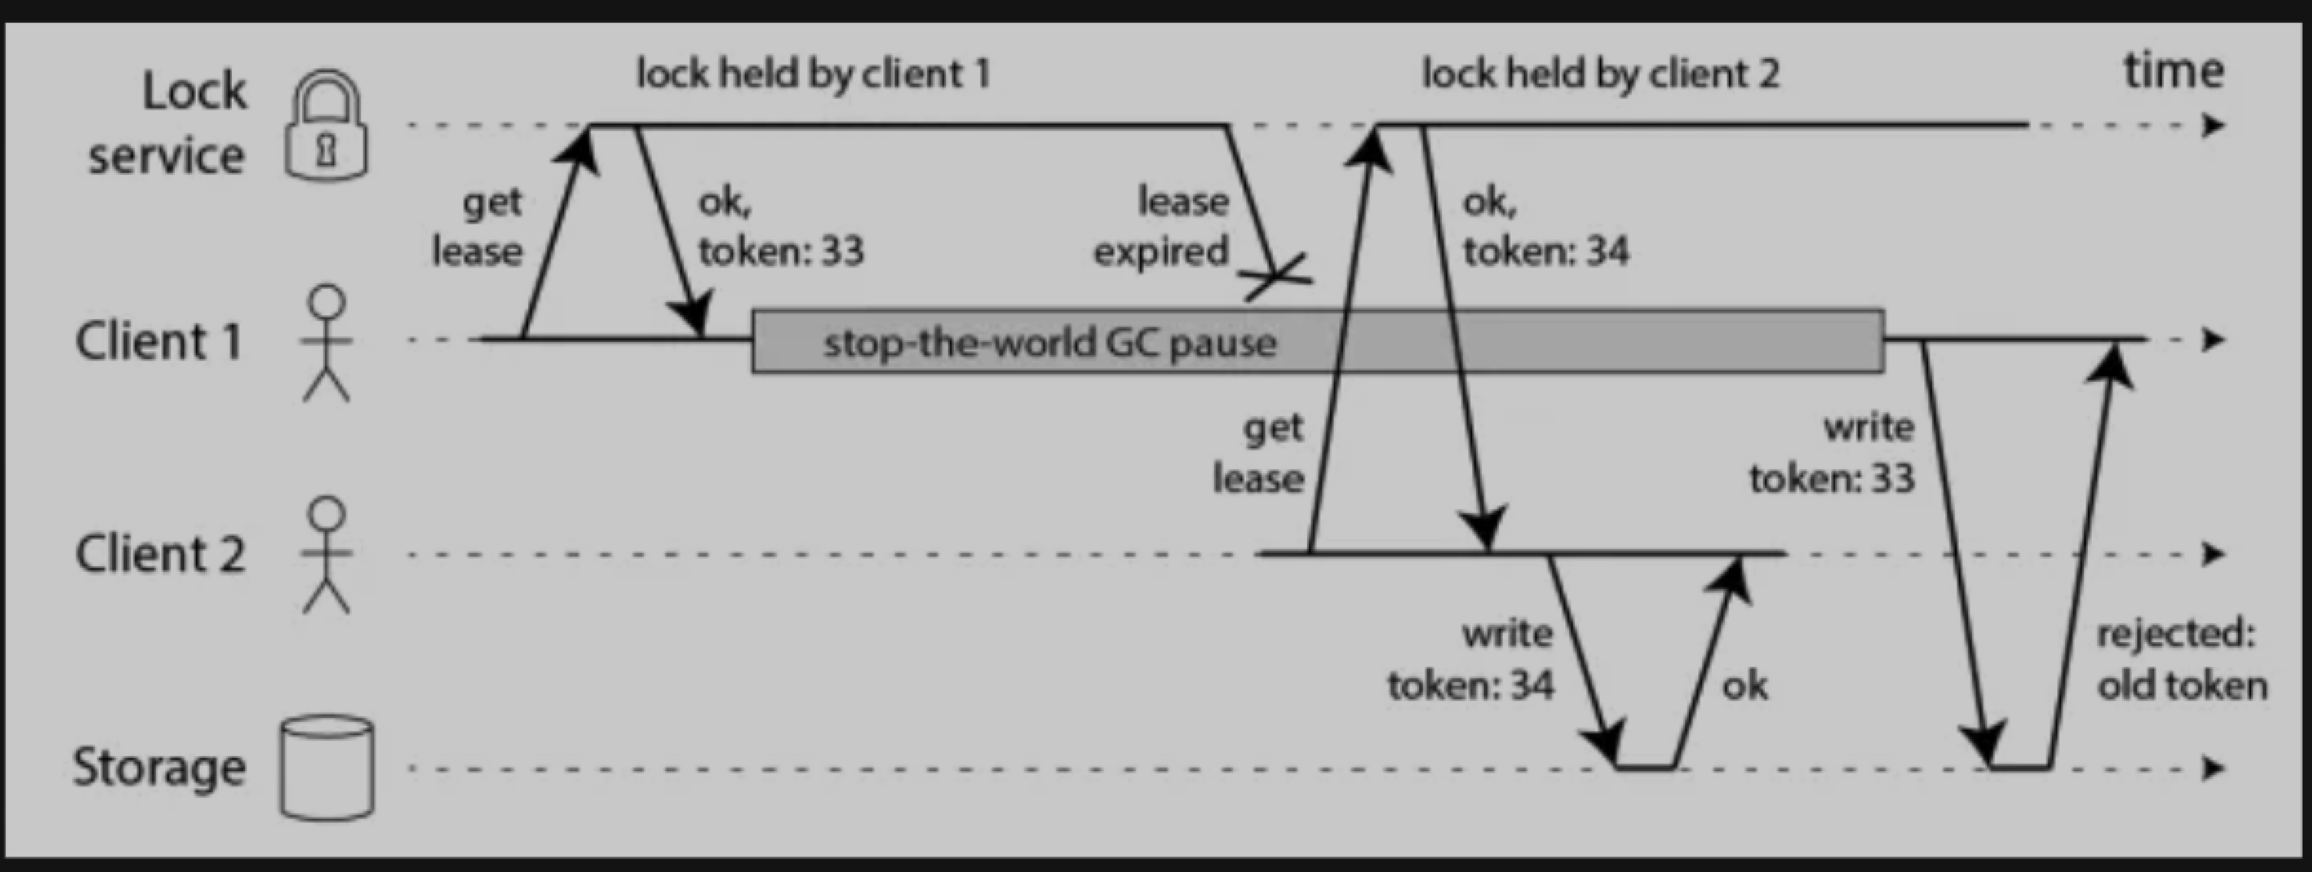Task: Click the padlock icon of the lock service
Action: click(326, 125)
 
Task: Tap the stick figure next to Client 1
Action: click(327, 343)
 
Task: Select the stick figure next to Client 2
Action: click(327, 555)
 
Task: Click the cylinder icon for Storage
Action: click(327, 768)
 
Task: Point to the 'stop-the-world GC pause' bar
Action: click(1317, 341)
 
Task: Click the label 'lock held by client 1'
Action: click(812, 74)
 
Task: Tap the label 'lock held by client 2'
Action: click(1600, 74)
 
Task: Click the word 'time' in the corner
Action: click(2172, 70)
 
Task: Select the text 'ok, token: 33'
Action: click(780, 227)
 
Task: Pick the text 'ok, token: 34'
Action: click(1544, 227)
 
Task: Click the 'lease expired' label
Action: click(1161, 227)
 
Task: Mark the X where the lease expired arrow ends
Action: click(1278, 276)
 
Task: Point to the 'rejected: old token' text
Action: click(2181, 659)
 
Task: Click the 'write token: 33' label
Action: click(1831, 453)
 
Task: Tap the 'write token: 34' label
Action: click(1470, 659)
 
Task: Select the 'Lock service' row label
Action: click(167, 123)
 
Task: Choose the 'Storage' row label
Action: click(159, 768)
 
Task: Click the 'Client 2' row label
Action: click(160, 555)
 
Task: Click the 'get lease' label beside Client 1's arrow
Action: click(478, 227)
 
